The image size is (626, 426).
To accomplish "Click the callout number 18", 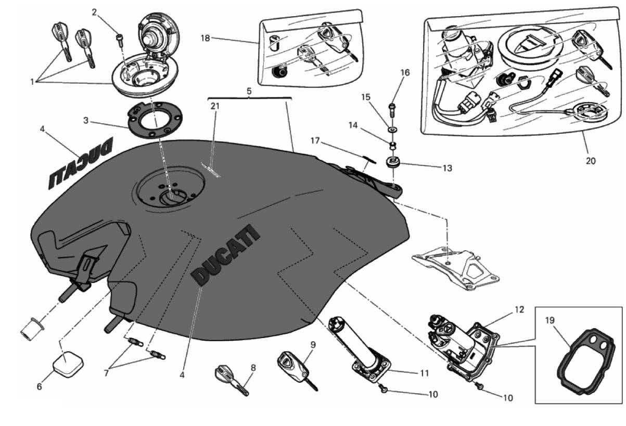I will pyautogui.click(x=206, y=38).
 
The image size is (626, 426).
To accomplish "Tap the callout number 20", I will pyautogui.click(x=590, y=161).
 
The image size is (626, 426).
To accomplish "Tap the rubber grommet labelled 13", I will pyautogui.click(x=393, y=163).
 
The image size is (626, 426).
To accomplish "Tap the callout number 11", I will pyautogui.click(x=425, y=373).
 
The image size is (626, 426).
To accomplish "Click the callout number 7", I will pyautogui.click(x=107, y=373).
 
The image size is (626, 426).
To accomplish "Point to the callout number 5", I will pyautogui.click(x=249, y=91).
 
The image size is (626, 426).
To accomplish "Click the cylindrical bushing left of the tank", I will pyautogui.click(x=32, y=328).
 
